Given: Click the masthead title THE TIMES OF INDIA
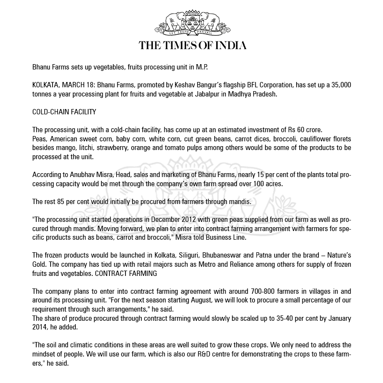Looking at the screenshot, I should coord(192,46).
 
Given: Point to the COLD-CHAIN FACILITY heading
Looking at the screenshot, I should coord(64,112).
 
